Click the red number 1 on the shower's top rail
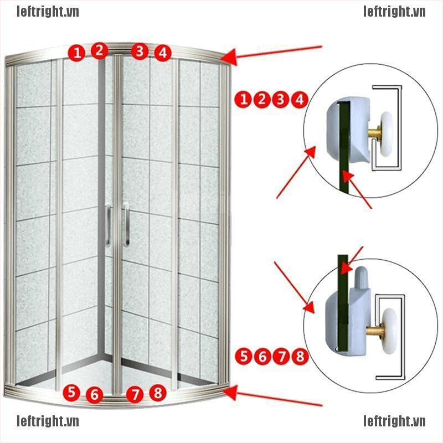click(76, 53)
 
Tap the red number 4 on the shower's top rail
click(162, 53)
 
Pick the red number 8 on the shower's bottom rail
click(158, 393)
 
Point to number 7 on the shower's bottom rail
click(135, 395)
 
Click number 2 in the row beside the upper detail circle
click(262, 100)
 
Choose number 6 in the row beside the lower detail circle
click(262, 356)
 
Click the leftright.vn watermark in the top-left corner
click(48, 12)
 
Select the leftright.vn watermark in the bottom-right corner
click(394, 423)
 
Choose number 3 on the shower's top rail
click(140, 52)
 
